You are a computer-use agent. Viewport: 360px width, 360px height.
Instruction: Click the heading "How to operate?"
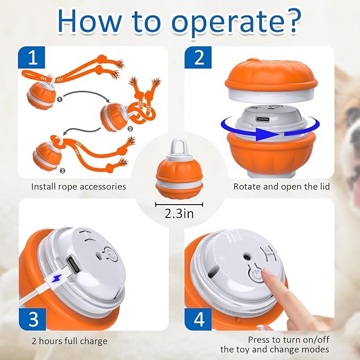[x=180, y=21]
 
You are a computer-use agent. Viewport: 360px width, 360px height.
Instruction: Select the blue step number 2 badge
[x=198, y=58]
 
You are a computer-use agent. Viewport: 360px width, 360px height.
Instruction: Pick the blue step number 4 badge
[x=198, y=319]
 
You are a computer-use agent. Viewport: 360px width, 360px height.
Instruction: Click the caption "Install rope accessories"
[x=78, y=187]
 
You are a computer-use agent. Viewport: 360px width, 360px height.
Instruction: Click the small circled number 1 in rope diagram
[x=60, y=98]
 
